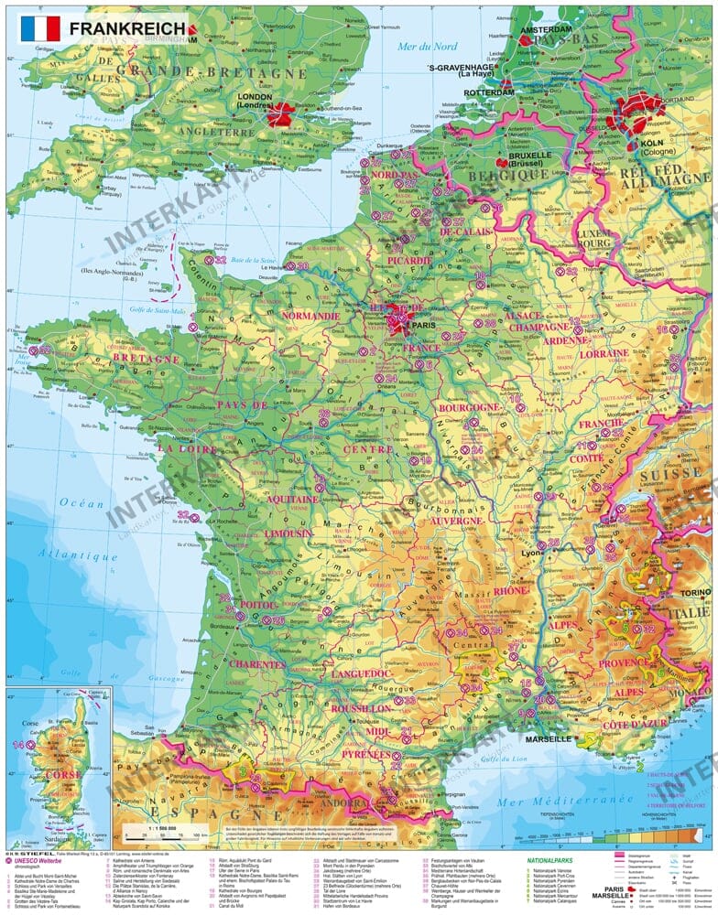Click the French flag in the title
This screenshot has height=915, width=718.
click(39, 28)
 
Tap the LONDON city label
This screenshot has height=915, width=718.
click(256, 95)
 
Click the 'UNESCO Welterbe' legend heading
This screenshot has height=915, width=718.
click(42, 859)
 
